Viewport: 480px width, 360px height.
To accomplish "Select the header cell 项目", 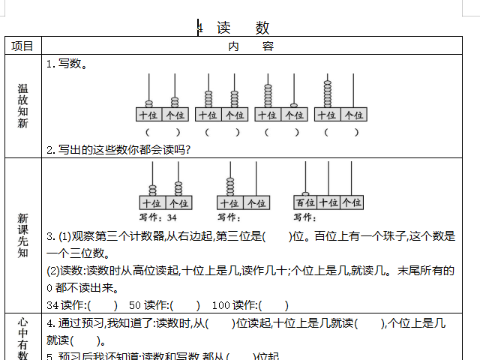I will tap(22, 46).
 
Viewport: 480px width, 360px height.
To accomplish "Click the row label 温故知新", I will tap(22, 105).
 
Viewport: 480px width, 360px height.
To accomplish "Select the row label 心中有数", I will tap(22, 337).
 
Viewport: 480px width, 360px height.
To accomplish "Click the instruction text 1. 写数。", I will tap(67, 64).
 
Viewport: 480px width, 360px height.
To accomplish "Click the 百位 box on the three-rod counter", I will tap(305, 202).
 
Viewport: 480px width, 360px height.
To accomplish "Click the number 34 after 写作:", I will tap(172, 217).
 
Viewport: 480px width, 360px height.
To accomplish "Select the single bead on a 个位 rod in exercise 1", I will tap(294, 106).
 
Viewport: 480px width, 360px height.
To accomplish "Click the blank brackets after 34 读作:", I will tap(103, 305).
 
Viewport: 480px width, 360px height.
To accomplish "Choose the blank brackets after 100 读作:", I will tap(274, 305).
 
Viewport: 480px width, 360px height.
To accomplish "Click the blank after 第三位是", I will tap(277, 236).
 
